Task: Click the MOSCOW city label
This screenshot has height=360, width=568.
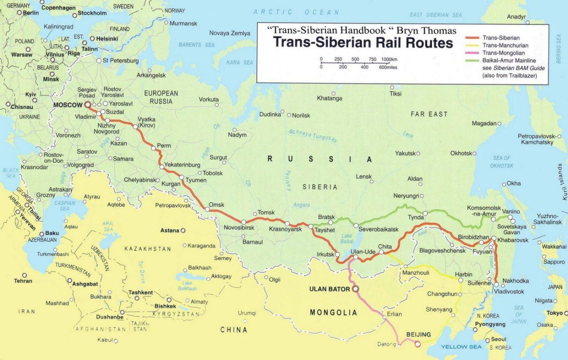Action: [x=68, y=105]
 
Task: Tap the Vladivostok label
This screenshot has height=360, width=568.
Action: [x=510, y=292]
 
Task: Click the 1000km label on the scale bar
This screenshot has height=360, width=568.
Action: [x=389, y=59]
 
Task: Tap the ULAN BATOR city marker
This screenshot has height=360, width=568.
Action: [x=355, y=288]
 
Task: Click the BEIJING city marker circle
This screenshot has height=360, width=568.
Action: [x=417, y=344]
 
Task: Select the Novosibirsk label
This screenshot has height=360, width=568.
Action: [x=239, y=228]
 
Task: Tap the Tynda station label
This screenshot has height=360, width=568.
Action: [x=416, y=217]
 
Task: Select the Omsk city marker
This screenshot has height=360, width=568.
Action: [x=207, y=209]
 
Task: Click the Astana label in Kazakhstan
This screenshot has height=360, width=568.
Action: [x=170, y=230]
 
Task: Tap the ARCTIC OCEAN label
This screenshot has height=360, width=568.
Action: [x=296, y=12]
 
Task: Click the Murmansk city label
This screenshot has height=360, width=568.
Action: [x=183, y=23]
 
